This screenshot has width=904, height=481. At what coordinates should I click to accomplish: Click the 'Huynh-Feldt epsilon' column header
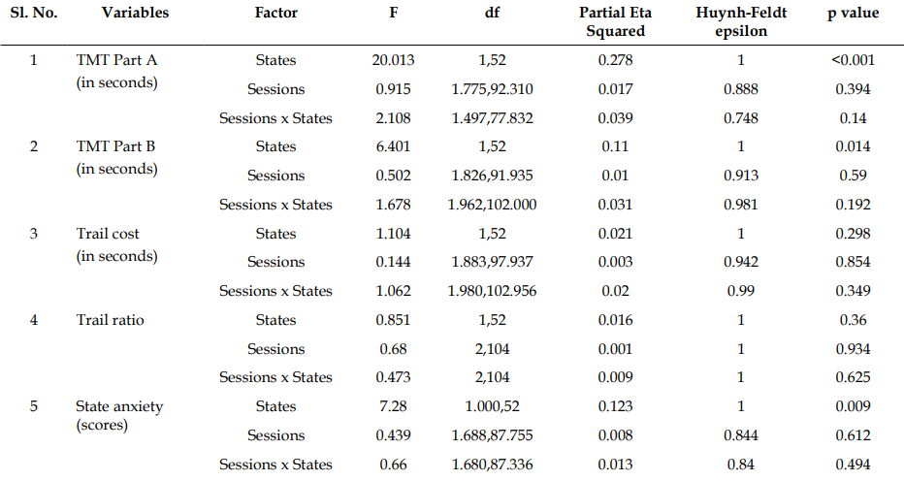[x=741, y=21]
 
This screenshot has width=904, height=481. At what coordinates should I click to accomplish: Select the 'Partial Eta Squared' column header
[x=615, y=21]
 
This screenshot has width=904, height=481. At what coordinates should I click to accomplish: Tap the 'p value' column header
[x=853, y=14]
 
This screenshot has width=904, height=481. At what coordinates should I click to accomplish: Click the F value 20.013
[x=393, y=60]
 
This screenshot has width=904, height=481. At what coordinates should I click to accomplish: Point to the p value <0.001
[x=853, y=60]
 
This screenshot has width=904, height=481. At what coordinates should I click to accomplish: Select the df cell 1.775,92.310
[x=492, y=89]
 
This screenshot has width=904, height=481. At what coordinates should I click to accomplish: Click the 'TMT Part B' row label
[x=115, y=146]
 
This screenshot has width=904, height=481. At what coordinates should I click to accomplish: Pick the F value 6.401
[x=393, y=146]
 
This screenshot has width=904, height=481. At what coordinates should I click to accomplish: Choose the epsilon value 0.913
[x=741, y=176]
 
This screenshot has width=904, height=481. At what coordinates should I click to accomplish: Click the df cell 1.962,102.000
[x=492, y=205]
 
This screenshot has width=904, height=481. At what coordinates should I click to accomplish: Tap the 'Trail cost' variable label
[x=108, y=234]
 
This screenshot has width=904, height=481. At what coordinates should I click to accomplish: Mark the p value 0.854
[x=853, y=262]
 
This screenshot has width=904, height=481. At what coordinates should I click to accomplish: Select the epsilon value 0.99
[x=741, y=291]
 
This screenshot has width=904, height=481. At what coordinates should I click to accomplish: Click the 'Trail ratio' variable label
[x=111, y=320]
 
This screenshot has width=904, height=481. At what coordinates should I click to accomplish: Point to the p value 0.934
[x=853, y=349]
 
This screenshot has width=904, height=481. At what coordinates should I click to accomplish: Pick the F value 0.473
[x=393, y=377]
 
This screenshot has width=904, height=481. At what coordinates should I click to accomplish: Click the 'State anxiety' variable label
[x=119, y=406]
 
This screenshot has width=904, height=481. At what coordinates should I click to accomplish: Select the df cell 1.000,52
[x=492, y=406]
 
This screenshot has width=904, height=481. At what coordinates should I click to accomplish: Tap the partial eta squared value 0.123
[x=615, y=406]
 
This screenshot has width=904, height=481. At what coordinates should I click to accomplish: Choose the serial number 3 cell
[x=33, y=234]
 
